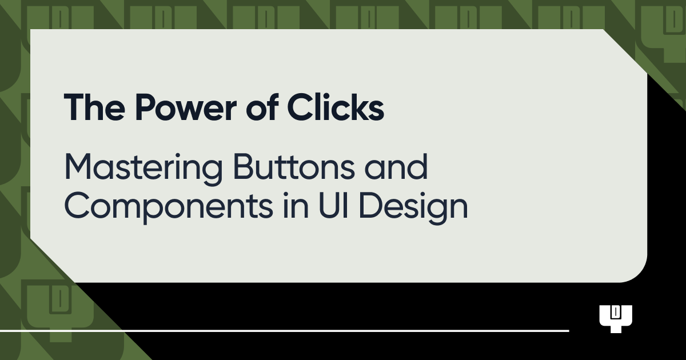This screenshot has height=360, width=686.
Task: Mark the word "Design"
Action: pyautogui.click(x=414, y=207)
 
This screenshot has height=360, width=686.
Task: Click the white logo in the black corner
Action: pyautogui.click(x=616, y=318)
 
